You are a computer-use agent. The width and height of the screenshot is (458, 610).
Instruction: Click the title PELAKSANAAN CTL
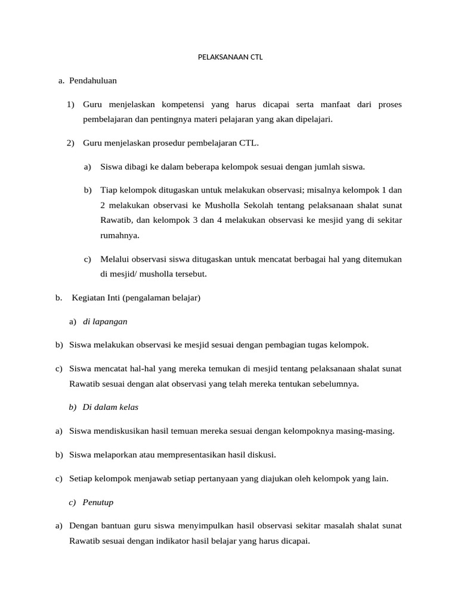[x=230, y=58]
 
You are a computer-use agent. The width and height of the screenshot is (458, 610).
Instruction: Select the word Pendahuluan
[x=93, y=80]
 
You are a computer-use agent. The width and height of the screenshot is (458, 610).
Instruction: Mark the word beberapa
[x=200, y=167]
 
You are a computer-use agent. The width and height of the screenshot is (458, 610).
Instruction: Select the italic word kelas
[x=129, y=407]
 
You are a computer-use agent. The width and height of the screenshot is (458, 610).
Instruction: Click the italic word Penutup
[x=98, y=502]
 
